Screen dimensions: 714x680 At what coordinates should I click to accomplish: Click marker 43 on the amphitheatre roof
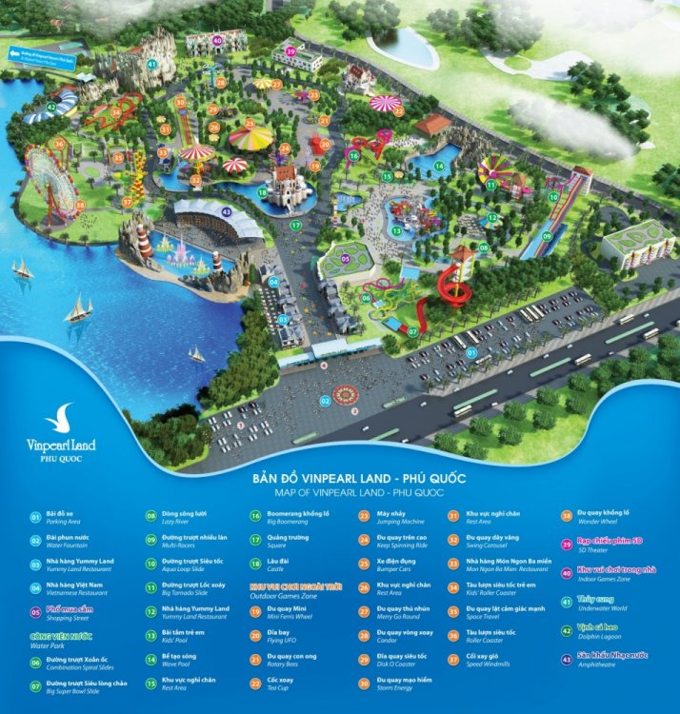[226, 211]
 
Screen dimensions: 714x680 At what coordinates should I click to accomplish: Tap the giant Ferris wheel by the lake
[50, 178]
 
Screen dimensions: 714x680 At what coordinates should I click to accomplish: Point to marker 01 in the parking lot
[470, 352]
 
